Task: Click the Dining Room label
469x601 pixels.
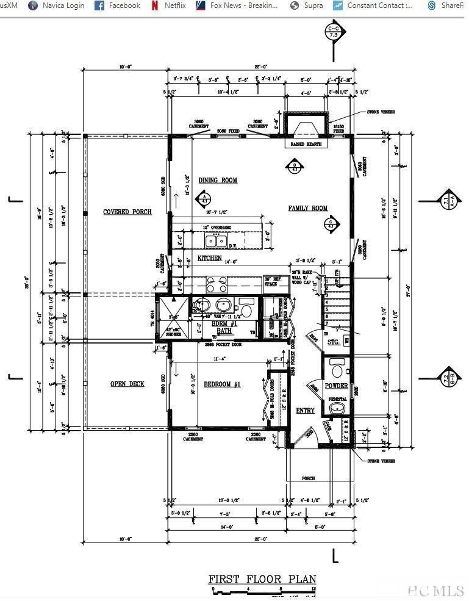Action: (218, 180)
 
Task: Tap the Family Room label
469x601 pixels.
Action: (308, 208)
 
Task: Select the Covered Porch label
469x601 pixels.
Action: (127, 212)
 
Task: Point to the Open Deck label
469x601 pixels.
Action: (127, 384)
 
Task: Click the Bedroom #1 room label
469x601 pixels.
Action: (222, 384)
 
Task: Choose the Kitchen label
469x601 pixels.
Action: (209, 258)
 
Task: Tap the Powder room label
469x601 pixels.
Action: (336, 386)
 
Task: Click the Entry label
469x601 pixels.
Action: (305, 411)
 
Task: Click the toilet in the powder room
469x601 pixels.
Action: (336, 369)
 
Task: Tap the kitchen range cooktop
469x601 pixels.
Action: (217, 284)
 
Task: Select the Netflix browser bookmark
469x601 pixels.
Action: (172, 5)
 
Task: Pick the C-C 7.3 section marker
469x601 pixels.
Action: (334, 32)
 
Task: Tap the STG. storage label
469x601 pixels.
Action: (334, 342)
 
